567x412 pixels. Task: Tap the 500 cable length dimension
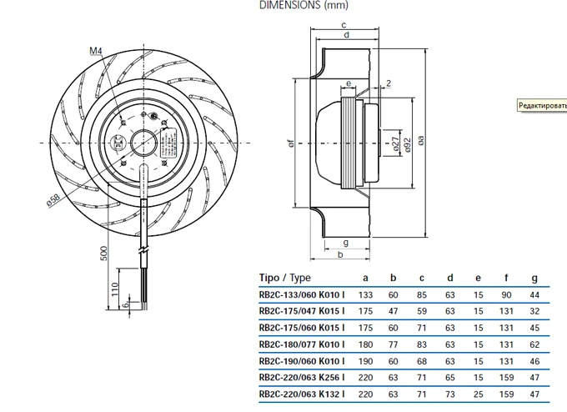(104, 253)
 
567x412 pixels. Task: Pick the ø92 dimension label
(407, 144)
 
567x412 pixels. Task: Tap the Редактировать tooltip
(541, 106)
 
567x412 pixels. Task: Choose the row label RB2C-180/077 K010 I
(302, 344)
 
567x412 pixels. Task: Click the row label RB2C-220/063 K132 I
(302, 394)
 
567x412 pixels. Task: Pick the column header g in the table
(534, 278)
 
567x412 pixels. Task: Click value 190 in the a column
(365, 361)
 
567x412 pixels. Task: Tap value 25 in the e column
(478, 394)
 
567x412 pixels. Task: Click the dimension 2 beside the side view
(389, 83)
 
